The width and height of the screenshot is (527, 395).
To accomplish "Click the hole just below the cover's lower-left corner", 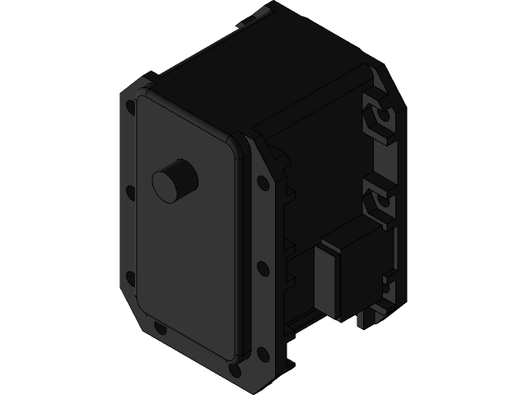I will pos(160,330).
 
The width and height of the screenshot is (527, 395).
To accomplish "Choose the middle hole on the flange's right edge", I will pos(262,267).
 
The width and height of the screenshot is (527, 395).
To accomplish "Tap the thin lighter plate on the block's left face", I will pos(328,280).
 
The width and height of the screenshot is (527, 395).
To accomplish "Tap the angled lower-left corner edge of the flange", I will pos(136,317).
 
